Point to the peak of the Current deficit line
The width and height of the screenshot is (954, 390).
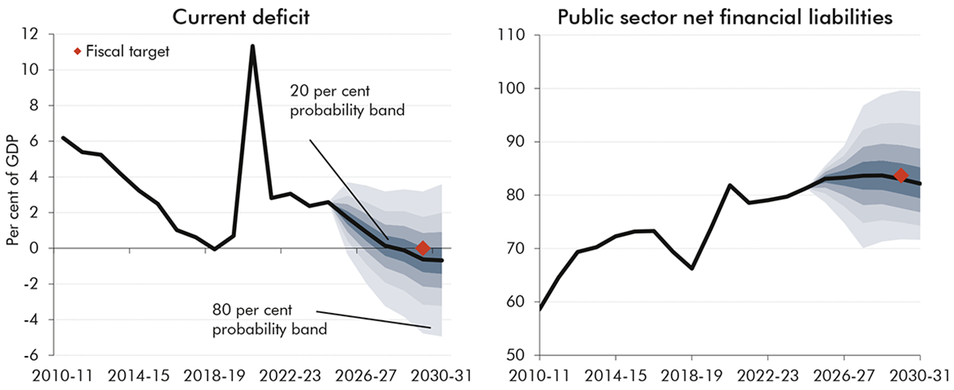252,46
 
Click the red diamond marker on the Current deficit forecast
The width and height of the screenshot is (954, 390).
422,249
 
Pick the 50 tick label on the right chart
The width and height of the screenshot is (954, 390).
510,355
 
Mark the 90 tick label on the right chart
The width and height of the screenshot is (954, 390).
510,142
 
